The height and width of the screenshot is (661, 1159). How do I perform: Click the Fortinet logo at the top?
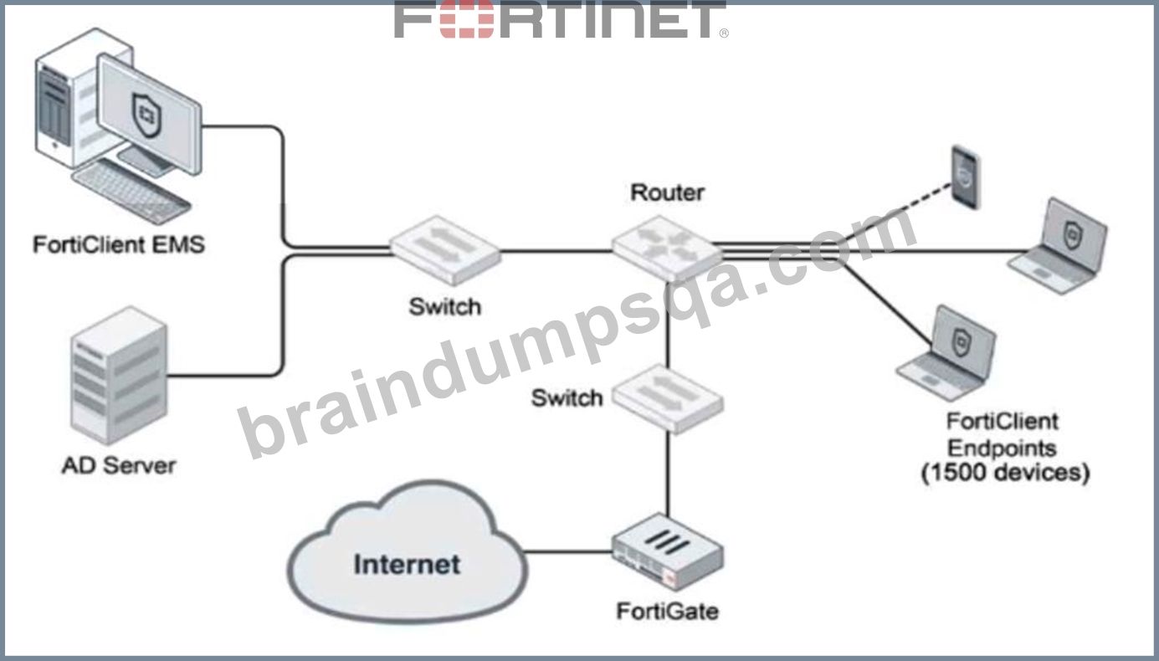562,19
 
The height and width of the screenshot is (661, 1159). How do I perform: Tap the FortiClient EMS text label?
119,244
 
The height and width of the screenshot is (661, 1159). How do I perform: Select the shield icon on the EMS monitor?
147,115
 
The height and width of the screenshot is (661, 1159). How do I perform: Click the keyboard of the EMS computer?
131,190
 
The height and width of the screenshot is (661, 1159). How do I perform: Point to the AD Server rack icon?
119,375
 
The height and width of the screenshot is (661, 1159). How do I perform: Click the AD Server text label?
119,465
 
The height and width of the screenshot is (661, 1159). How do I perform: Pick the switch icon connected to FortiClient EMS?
445,250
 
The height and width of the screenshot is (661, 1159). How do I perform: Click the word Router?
668,192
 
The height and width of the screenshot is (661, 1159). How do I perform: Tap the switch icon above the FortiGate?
668,398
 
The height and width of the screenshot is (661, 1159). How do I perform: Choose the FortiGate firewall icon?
668,551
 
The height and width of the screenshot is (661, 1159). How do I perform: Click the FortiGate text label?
668,612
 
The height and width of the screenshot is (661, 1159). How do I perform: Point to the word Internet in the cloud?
408,564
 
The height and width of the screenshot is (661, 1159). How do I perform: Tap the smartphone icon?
966,177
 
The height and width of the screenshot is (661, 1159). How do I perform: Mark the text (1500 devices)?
1005,472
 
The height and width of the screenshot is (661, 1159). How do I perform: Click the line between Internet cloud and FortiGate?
568,551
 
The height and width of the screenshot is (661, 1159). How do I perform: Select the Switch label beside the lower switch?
567,398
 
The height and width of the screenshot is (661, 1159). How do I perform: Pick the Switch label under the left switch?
445,307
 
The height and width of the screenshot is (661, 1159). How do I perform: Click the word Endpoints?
1003,448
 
